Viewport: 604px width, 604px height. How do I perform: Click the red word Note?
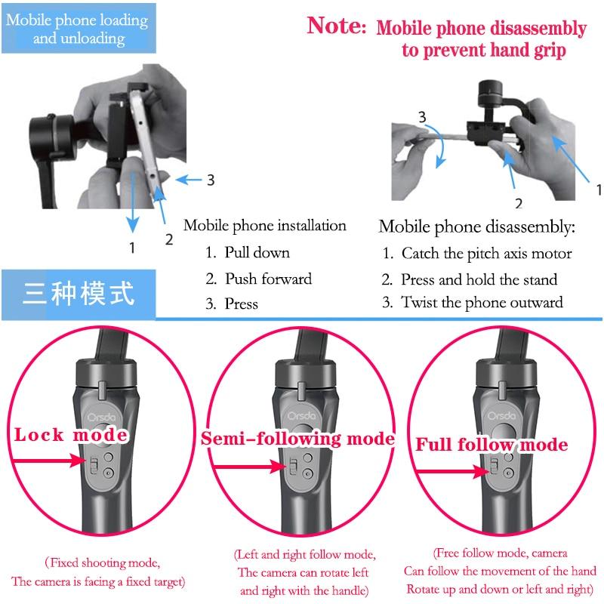point(336,26)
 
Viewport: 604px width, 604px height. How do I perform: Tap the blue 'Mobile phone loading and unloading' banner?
point(79,29)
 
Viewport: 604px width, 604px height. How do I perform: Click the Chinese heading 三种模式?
point(79,294)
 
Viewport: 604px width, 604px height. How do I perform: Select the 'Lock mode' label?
point(71,435)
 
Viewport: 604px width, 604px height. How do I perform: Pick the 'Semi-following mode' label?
point(297,439)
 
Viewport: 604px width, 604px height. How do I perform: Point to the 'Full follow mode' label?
point(492,445)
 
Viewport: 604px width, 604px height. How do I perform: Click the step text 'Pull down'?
point(257,253)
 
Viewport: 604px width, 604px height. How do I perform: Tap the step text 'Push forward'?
point(269,279)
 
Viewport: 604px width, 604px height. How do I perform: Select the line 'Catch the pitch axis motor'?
point(486,254)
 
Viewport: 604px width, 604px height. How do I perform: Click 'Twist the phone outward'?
point(482,303)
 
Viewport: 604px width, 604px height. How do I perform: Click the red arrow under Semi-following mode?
point(250,467)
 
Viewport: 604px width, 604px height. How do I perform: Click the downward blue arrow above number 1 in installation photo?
point(133,202)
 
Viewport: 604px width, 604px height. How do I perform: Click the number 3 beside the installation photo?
point(211,180)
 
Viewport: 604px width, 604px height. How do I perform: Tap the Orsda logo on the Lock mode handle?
point(101,418)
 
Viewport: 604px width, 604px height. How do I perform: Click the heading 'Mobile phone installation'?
point(265,226)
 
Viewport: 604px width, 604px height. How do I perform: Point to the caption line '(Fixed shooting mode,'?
point(103,562)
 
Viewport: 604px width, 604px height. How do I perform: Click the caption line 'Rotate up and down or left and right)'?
point(500,590)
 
